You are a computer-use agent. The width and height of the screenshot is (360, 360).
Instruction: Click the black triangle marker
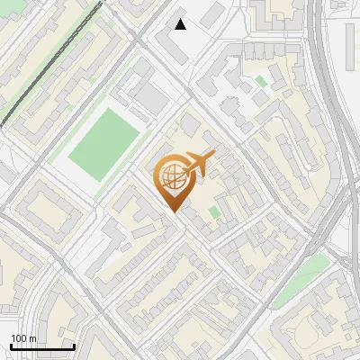pos(181,24)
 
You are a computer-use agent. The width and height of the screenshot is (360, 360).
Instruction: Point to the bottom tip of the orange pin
pos(174,212)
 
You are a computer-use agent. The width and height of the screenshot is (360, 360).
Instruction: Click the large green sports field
pos(104,143)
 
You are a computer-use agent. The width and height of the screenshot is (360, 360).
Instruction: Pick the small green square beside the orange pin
pos(214,212)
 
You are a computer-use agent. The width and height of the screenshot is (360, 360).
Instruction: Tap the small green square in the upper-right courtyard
pos(261,81)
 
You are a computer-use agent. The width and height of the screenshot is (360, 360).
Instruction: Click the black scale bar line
pos(42,347)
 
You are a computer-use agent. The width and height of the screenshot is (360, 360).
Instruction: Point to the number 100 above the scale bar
pos(19,338)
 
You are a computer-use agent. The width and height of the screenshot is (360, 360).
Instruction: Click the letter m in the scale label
pos(32,338)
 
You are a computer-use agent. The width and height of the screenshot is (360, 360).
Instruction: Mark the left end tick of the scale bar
pos(11,346)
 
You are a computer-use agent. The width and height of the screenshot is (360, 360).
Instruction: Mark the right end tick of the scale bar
pos(74,346)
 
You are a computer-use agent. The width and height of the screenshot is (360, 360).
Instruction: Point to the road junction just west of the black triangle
pos(143,36)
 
